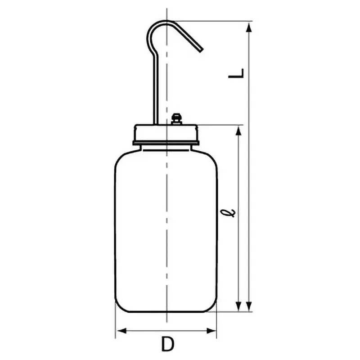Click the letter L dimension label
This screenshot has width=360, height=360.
(x=236, y=73)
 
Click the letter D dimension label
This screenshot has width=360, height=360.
(x=167, y=345)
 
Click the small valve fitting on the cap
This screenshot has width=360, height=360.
(x=176, y=119)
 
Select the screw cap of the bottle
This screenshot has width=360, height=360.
(x=166, y=133)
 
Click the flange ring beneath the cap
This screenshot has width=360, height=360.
(x=166, y=144)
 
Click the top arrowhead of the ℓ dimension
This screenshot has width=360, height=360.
(x=238, y=131)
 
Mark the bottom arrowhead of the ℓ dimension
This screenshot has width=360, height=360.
(x=238, y=306)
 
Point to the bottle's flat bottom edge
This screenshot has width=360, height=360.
(x=166, y=311)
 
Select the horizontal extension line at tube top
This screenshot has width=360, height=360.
(x=211, y=21)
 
